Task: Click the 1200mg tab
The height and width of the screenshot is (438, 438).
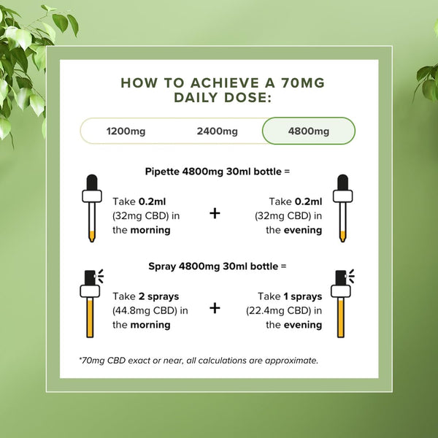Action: pyautogui.click(x=126, y=131)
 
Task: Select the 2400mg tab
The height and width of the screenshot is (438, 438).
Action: pyautogui.click(x=217, y=131)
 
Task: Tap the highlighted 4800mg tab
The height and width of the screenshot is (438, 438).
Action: pyautogui.click(x=309, y=131)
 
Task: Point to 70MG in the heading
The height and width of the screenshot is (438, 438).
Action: pyautogui.click(x=303, y=83)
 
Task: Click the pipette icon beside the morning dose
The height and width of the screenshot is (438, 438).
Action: pyautogui.click(x=92, y=208)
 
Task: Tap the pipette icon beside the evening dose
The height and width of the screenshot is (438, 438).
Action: pyautogui.click(x=343, y=208)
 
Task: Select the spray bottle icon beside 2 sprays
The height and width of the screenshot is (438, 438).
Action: pyautogui.click(x=92, y=304)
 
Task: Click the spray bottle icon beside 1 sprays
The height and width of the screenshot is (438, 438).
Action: pyautogui.click(x=342, y=304)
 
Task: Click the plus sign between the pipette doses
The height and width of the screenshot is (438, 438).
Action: pyautogui.click(x=215, y=213)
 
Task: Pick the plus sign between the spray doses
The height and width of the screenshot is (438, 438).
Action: pyautogui.click(x=215, y=308)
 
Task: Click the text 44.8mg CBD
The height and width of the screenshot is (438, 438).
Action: pyautogui.click(x=146, y=311)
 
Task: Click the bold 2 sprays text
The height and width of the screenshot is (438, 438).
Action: pyautogui.click(x=158, y=296)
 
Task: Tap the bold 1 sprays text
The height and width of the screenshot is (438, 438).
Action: pyautogui.click(x=302, y=296)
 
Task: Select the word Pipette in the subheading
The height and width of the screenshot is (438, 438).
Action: pyautogui.click(x=162, y=172)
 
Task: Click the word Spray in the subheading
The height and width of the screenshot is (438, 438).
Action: pyautogui.click(x=162, y=266)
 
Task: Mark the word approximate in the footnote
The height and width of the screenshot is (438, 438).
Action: pyautogui.click(x=291, y=361)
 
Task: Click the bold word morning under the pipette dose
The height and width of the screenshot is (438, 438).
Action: pyautogui.click(x=150, y=230)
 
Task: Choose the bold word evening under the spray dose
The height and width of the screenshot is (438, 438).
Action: pyautogui.click(x=303, y=325)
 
